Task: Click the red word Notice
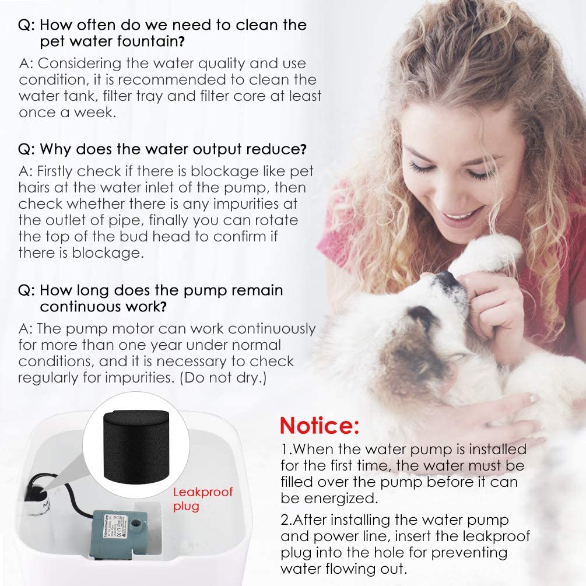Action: click(x=319, y=426)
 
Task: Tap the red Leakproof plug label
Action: click(x=202, y=499)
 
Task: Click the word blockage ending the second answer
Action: click(x=108, y=253)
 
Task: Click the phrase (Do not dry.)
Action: click(x=223, y=378)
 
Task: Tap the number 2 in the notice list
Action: click(x=285, y=520)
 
